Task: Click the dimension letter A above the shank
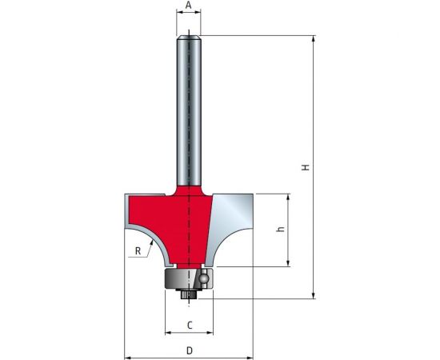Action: [x=189, y=5]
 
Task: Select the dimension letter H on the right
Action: [x=306, y=167]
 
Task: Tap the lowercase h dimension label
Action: [x=280, y=229]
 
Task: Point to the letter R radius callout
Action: [x=138, y=251]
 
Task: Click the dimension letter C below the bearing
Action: [x=190, y=326]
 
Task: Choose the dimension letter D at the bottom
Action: [x=190, y=350]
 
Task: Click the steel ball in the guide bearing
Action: [x=203, y=278]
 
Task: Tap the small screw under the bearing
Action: [x=189, y=294]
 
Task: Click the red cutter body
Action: [x=171, y=222]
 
